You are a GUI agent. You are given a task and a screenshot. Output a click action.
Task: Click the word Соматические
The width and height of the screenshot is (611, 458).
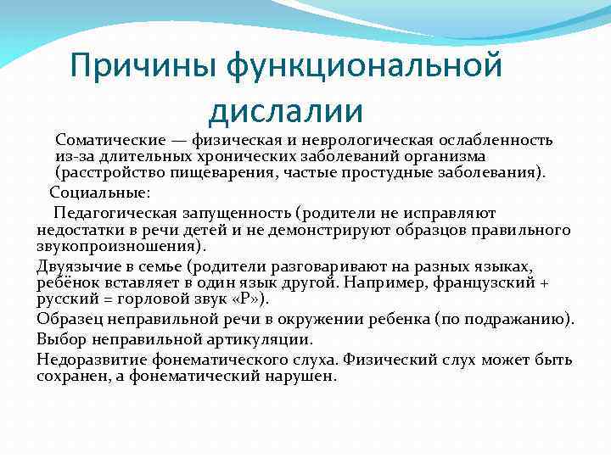[x=106, y=139]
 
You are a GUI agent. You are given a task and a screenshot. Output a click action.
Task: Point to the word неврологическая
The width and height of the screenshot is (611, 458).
[x=366, y=139]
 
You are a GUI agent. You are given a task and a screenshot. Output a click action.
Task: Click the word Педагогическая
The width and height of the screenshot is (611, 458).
[x=114, y=212]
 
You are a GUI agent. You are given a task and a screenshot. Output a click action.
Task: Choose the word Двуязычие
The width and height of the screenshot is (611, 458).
[x=73, y=265]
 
